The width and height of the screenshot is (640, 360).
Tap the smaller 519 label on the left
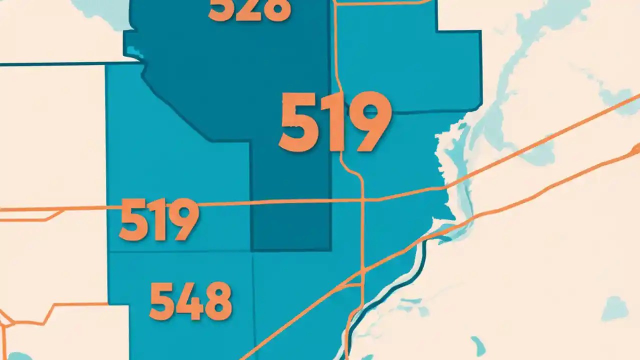coord(158,219)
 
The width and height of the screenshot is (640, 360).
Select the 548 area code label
coord(190,300)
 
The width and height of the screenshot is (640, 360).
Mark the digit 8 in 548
coord(218,300)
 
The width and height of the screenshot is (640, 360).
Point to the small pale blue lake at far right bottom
coord(614,308)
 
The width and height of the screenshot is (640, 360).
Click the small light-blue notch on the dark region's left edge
coord(131,50)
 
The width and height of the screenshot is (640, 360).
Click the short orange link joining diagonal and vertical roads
coord(352,285)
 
